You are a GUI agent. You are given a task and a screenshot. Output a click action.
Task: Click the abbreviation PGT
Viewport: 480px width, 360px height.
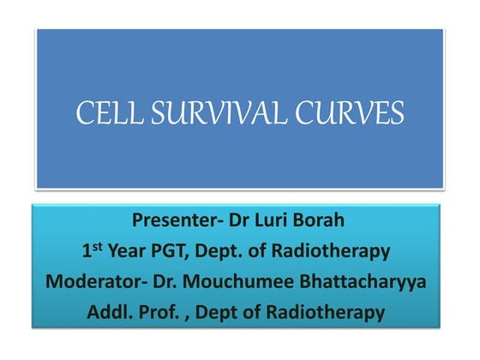click(183, 252)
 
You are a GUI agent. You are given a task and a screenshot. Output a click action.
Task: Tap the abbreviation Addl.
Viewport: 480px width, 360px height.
click(110, 313)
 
